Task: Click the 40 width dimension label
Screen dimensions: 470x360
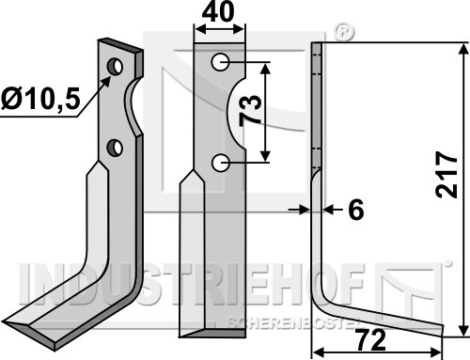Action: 218,13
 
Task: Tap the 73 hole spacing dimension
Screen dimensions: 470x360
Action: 250,110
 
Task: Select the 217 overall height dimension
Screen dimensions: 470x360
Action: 446,175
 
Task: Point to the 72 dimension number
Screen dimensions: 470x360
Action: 371,340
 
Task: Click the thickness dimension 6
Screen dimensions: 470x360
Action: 356,210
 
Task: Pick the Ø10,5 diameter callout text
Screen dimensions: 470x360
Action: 40,98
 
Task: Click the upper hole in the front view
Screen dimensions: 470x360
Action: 220,62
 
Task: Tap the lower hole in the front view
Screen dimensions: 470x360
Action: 220,163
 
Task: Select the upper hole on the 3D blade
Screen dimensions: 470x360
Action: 115,67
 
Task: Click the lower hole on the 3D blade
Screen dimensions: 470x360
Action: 115,148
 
